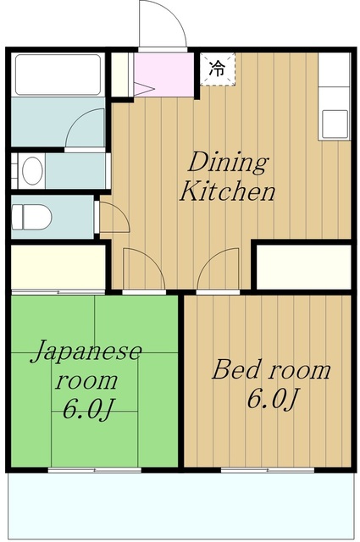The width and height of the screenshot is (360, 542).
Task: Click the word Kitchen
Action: pos(227,192)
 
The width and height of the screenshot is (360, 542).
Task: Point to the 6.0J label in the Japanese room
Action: pos(88,409)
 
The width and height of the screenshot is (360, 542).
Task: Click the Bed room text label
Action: pos(271,370)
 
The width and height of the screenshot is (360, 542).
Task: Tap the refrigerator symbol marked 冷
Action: pos(218,68)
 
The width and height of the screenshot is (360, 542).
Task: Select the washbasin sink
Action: pos(32,171)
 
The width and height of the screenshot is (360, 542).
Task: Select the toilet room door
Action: pos(113,217)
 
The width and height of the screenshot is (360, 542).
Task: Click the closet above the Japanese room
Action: pos(58,266)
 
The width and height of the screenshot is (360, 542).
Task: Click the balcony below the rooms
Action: pos(180,505)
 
